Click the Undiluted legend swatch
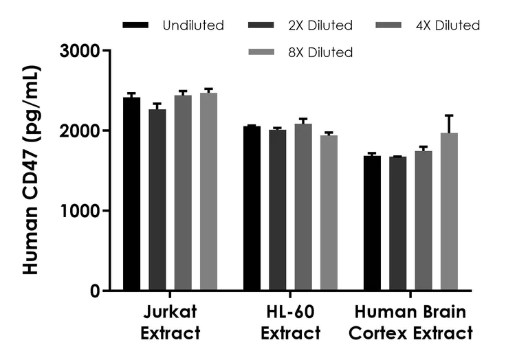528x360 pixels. pyautogui.click(x=135, y=25)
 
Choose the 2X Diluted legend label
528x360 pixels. pyautogui.click(x=320, y=25)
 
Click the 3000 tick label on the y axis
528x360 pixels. pyautogui.click(x=80, y=51)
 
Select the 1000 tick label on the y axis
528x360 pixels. pyautogui.click(x=80, y=211)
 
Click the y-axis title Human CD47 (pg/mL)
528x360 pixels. pyautogui.click(x=31, y=170)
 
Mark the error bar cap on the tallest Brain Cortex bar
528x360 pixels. pyautogui.click(x=449, y=115)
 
